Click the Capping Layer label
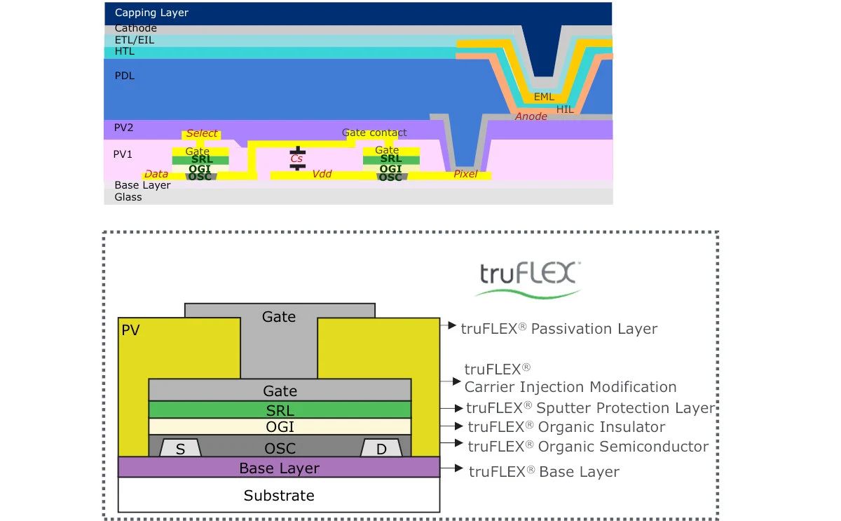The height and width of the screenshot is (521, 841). pyautogui.click(x=151, y=13)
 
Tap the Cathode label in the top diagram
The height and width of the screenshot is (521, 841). pyautogui.click(x=135, y=29)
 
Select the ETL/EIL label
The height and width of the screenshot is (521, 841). pyautogui.click(x=135, y=40)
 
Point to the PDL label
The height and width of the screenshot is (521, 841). pyautogui.click(x=124, y=76)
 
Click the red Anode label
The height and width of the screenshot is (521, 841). pyautogui.click(x=531, y=116)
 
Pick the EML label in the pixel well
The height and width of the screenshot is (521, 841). pyautogui.click(x=544, y=97)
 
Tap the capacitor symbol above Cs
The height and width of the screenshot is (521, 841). pyautogui.click(x=298, y=150)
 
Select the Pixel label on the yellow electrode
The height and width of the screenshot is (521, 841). pyautogui.click(x=465, y=174)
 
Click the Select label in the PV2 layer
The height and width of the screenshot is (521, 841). pyautogui.click(x=202, y=133)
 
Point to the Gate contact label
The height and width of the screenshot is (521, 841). pyautogui.click(x=374, y=133)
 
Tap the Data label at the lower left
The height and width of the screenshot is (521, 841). pyautogui.click(x=156, y=174)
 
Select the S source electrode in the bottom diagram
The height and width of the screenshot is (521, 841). pyautogui.click(x=180, y=449)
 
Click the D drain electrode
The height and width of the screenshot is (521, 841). pyautogui.click(x=381, y=449)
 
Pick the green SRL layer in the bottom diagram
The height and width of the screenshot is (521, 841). pyautogui.click(x=280, y=410)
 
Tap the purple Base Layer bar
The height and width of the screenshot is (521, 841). pyautogui.click(x=279, y=468)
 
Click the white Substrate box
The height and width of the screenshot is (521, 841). pyautogui.click(x=279, y=495)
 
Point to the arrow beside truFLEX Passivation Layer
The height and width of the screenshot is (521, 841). pyautogui.click(x=449, y=325)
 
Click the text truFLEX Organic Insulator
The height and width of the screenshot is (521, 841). pyautogui.click(x=566, y=427)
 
